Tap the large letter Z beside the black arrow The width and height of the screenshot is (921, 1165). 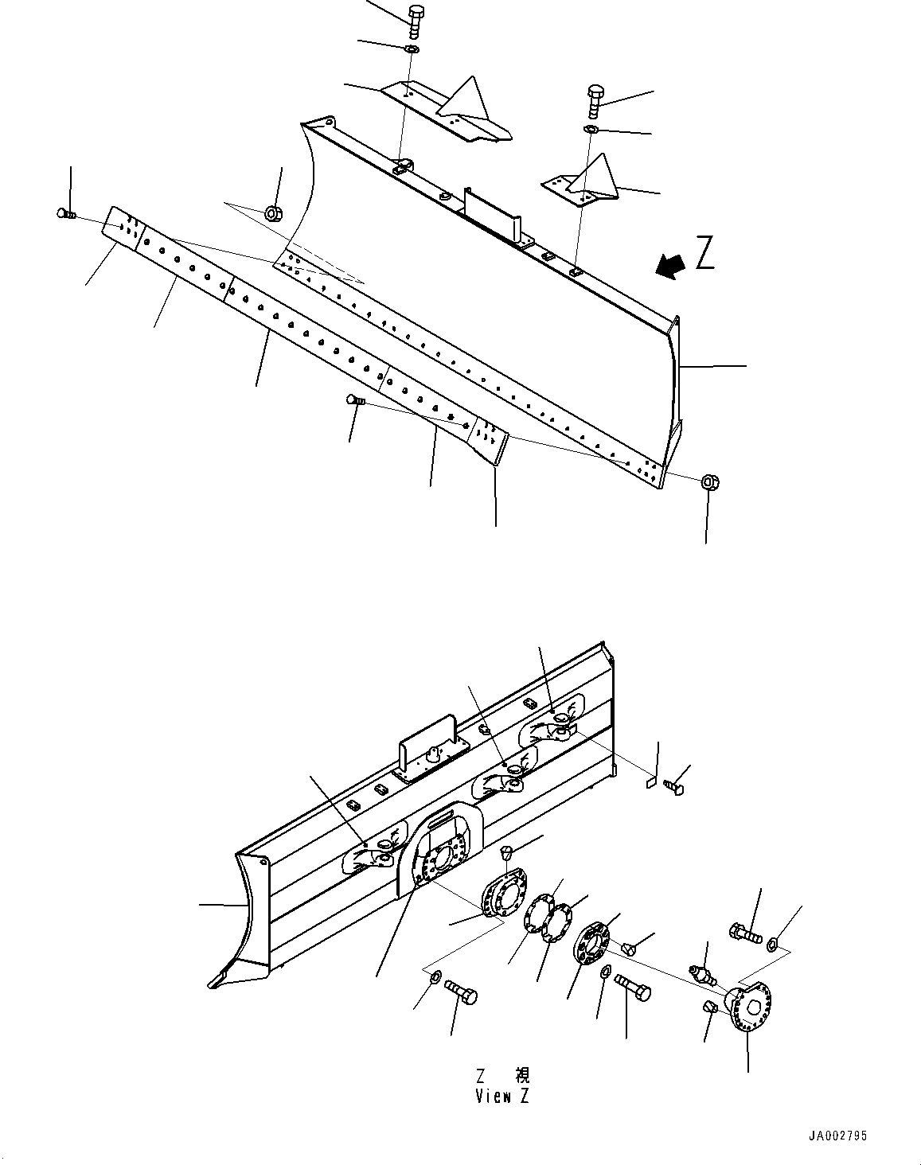point(704,254)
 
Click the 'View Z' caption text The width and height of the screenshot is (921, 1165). point(501,1096)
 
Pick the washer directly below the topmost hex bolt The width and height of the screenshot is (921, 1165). point(412,50)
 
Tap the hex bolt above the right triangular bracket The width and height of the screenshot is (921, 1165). point(596,99)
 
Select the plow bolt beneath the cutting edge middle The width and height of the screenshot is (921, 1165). point(354,401)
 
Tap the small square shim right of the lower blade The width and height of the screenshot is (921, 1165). point(650,782)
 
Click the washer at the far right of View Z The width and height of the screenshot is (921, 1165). point(772,945)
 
